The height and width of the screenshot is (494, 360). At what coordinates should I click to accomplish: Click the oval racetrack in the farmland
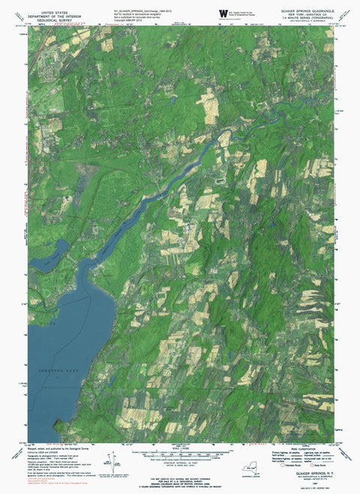click(220, 181)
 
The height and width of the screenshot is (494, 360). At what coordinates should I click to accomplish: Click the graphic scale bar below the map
click(180, 455)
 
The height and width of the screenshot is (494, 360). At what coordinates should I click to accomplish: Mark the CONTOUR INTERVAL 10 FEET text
click(180, 464)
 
